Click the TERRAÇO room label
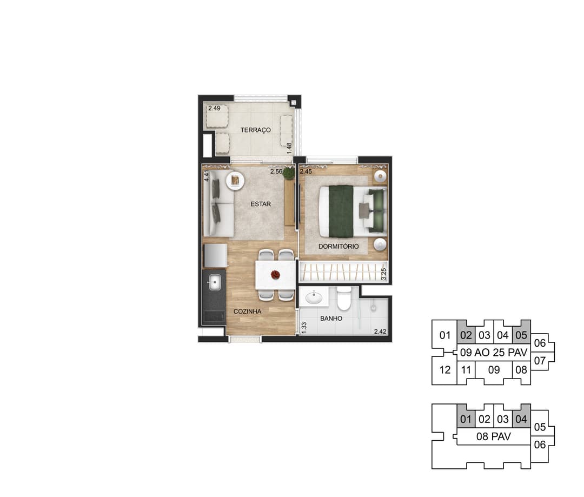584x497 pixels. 255,130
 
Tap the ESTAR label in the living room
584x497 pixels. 261,204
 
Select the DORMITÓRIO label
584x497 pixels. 339,246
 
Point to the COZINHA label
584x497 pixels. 247,312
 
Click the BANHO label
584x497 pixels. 331,319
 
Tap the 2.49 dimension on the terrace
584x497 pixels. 214,108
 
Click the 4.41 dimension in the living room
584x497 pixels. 207,175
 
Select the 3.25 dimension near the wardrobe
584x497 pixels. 384,274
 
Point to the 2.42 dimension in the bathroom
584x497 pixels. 380,331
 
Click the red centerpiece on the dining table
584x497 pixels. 275,275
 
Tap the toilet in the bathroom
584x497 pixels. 344,299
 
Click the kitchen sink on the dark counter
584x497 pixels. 214,282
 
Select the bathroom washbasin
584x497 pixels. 314,297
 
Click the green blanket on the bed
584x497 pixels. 341,211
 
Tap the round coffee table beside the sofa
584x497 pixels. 235,181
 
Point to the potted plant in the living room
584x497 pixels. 289,173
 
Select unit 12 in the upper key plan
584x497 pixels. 444,369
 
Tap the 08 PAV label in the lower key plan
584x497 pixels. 494,436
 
